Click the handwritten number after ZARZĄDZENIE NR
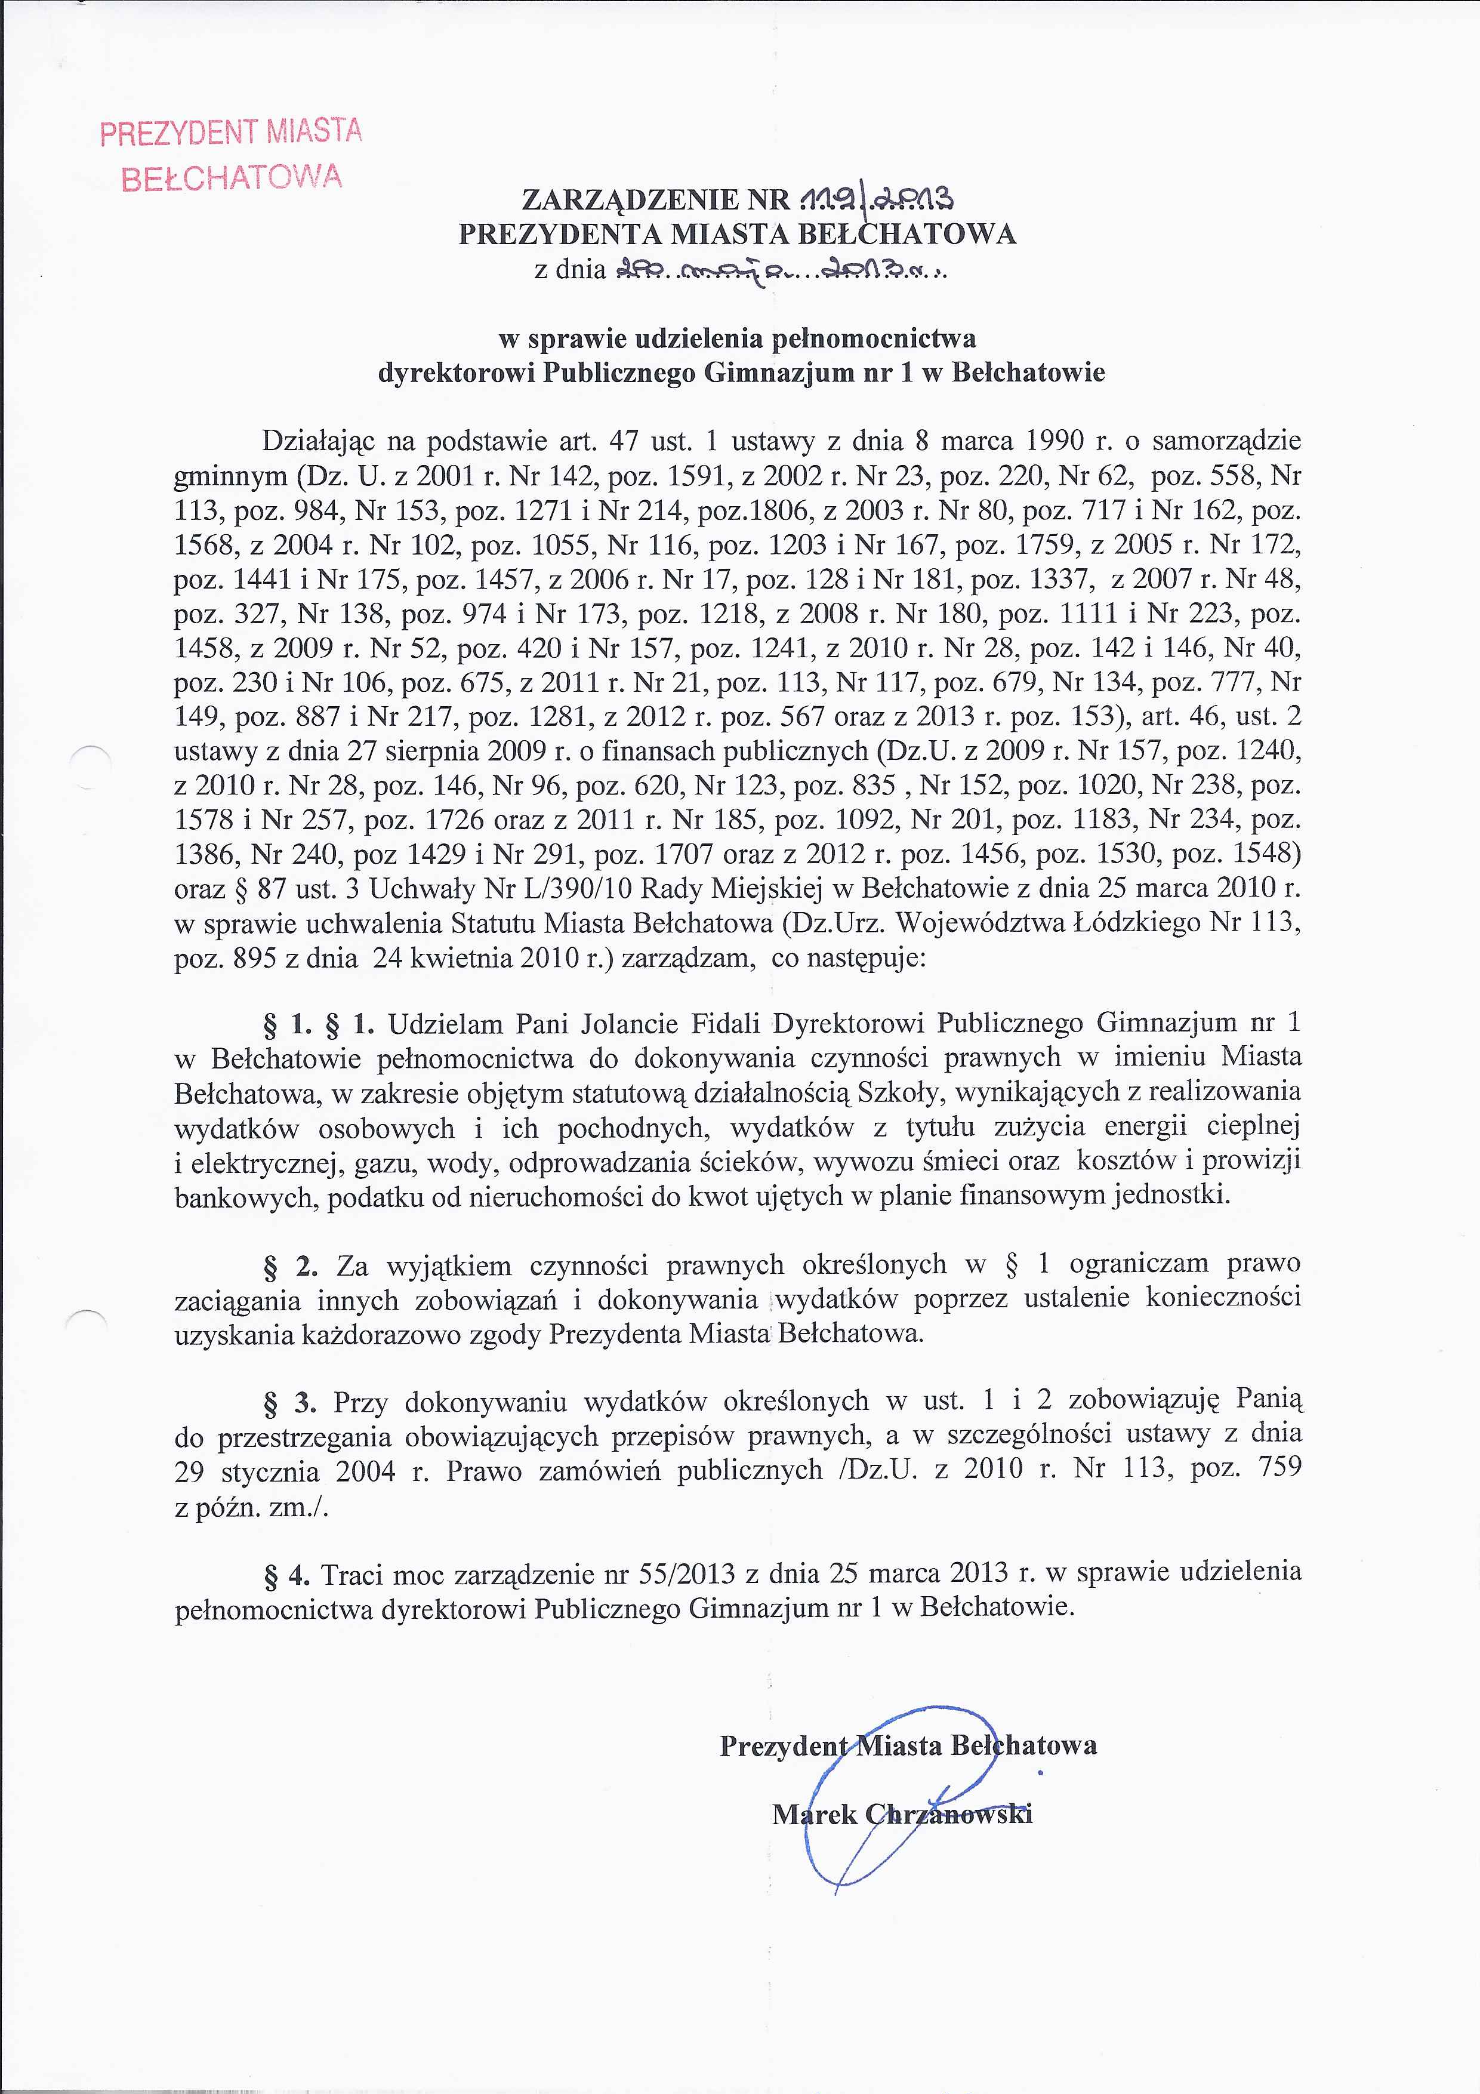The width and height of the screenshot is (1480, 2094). (x=876, y=198)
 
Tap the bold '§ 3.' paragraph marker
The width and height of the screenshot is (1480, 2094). (x=290, y=1402)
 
